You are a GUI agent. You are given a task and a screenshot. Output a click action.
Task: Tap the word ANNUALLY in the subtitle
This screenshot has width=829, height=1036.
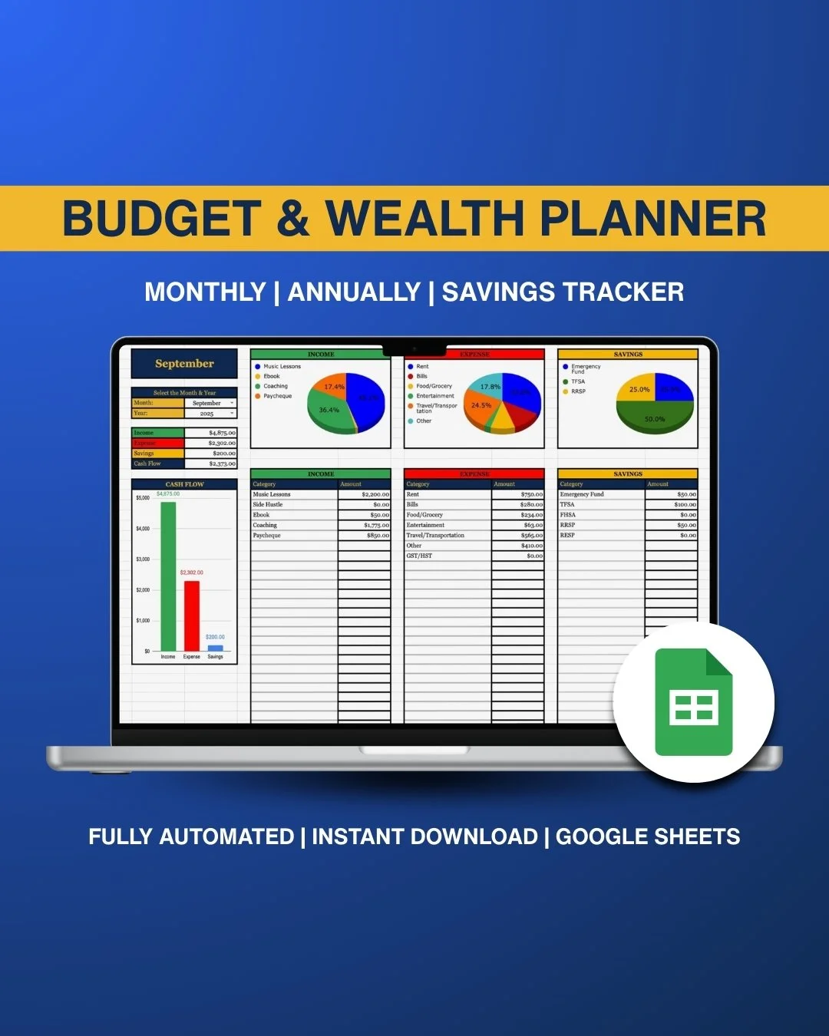354,292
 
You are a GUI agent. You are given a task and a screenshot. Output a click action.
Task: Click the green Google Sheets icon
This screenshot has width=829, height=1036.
694,703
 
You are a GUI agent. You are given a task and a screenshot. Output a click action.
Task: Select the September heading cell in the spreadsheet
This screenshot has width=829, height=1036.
184,364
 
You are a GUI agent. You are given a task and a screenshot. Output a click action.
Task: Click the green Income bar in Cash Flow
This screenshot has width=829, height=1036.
168,576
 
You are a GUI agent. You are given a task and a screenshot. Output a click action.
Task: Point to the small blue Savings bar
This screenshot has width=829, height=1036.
216,648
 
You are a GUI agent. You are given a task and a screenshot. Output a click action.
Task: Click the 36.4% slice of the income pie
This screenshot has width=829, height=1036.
330,411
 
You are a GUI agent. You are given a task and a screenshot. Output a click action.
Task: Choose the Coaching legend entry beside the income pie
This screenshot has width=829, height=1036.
275,386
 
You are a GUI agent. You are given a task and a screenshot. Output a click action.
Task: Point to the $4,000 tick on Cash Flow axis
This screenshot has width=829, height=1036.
144,529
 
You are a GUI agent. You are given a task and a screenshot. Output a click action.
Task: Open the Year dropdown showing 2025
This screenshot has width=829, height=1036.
210,414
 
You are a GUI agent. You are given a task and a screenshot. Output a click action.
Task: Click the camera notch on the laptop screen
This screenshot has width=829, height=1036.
414,349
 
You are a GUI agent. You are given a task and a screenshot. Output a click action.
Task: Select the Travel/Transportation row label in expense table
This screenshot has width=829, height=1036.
435,536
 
